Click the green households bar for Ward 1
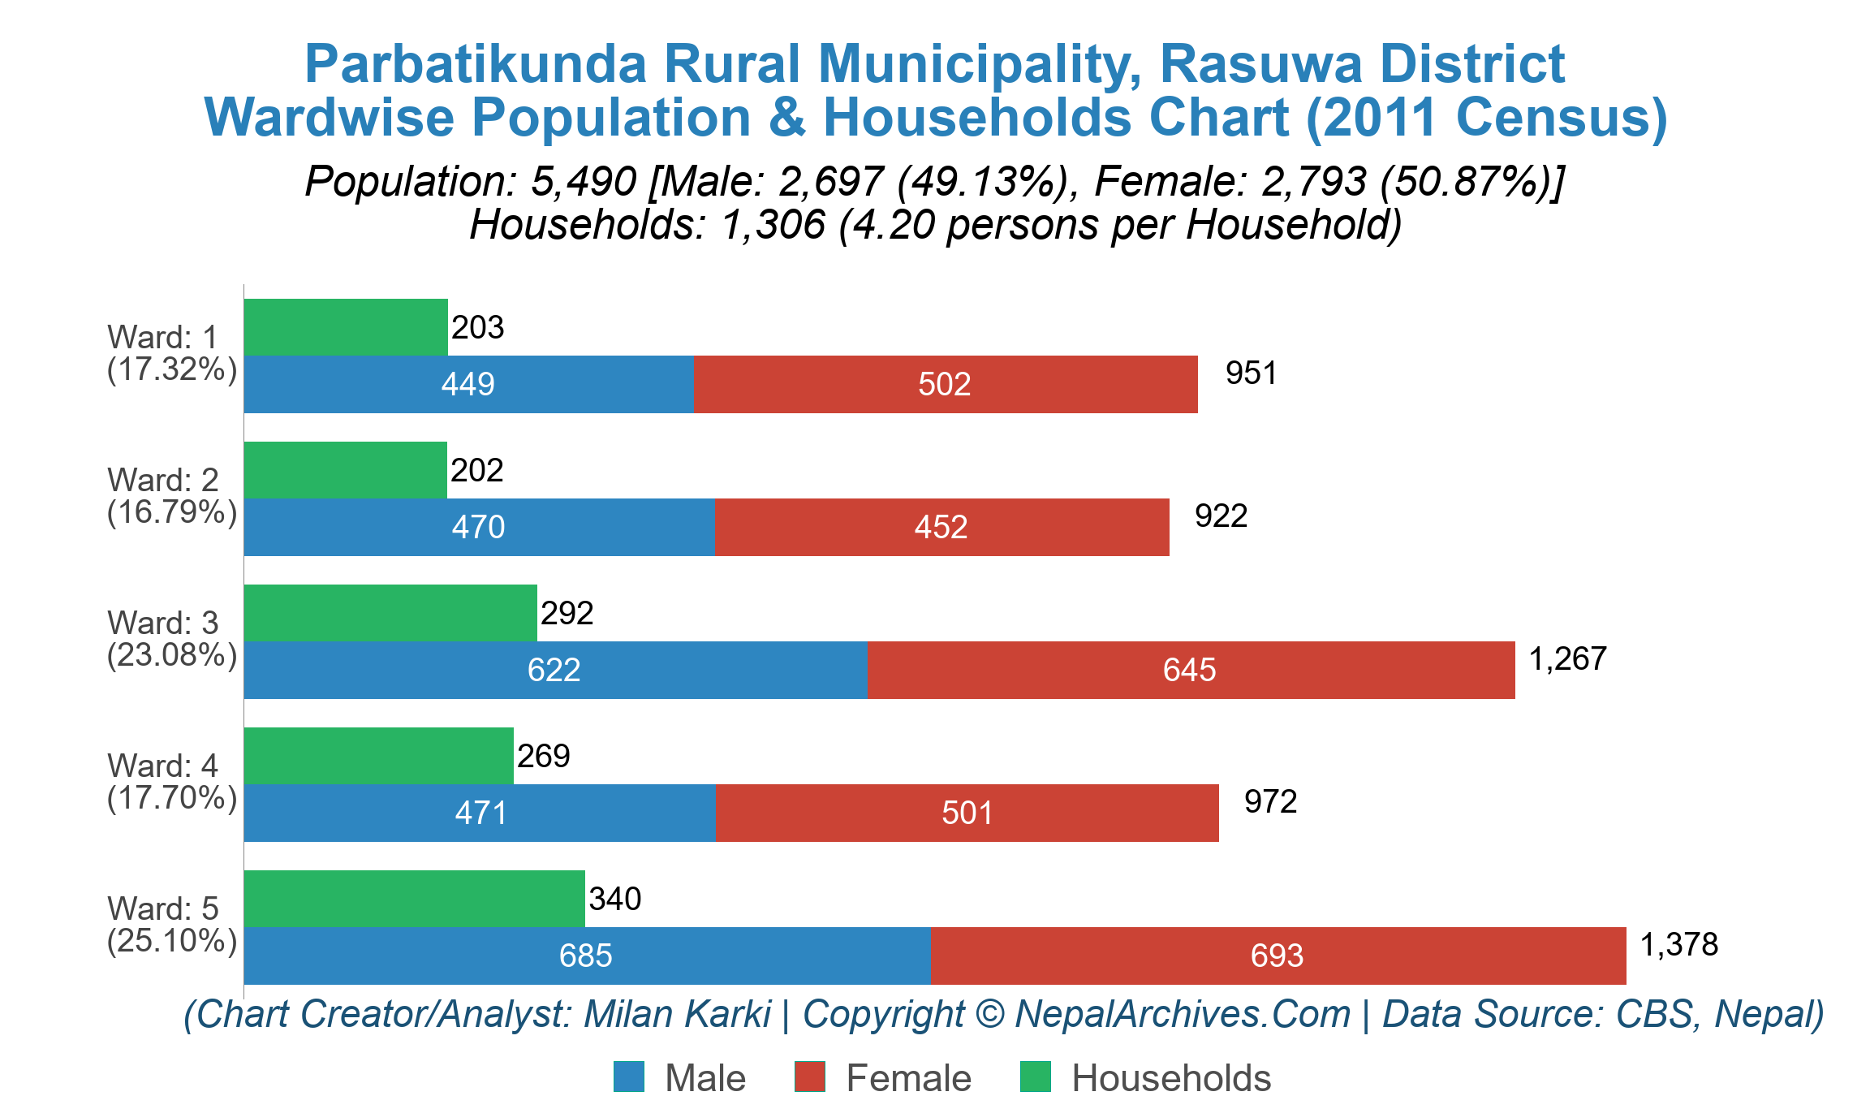coord(346,327)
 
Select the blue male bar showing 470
coord(479,527)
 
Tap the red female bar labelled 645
coord(1191,670)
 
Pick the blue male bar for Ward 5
coord(587,956)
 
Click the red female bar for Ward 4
coord(967,813)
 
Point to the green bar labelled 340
coord(414,899)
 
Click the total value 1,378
coord(1678,944)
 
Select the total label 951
coord(1251,373)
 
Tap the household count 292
coord(567,613)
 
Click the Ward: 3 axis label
coord(162,623)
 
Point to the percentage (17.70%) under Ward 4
coord(172,798)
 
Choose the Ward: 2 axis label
coord(162,480)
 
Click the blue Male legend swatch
coord(629,1077)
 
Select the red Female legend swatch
coord(809,1077)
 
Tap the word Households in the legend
coord(1170,1078)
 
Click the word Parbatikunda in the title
coord(475,63)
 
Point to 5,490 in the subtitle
coord(583,181)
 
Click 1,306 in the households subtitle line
coord(773,225)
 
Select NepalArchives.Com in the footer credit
coord(1182,1014)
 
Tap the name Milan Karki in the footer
coord(677,1014)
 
